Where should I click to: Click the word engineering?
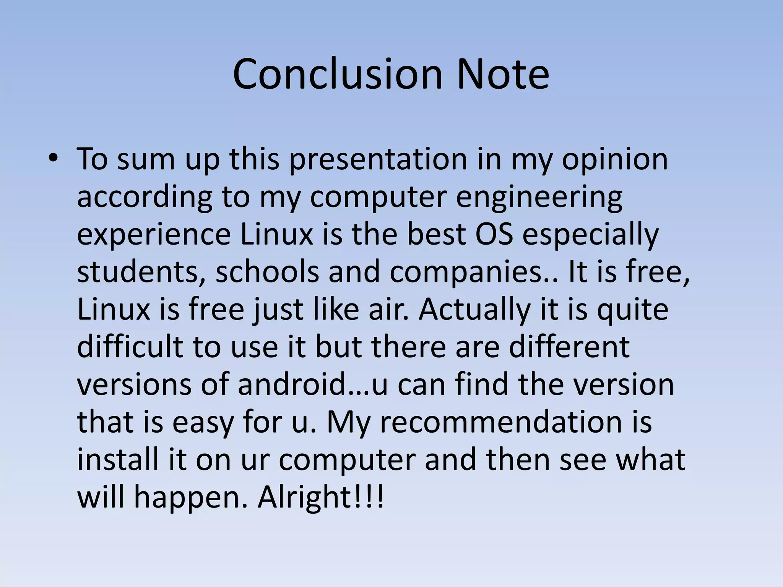pos(539,197)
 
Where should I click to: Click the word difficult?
pos(130,346)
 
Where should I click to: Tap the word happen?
pos(191,497)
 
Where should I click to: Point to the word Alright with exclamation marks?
pos(321,497)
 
